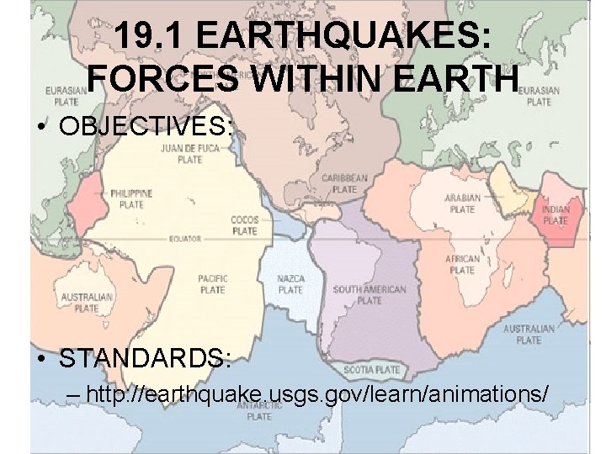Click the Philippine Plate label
pos(130,198)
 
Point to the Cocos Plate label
pos(244,224)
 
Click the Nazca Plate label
pos(290,285)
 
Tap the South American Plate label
pos(369,294)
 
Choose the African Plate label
pos(462,264)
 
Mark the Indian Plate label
pos(555,215)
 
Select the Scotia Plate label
pos(372,370)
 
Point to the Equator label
pos(184,239)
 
